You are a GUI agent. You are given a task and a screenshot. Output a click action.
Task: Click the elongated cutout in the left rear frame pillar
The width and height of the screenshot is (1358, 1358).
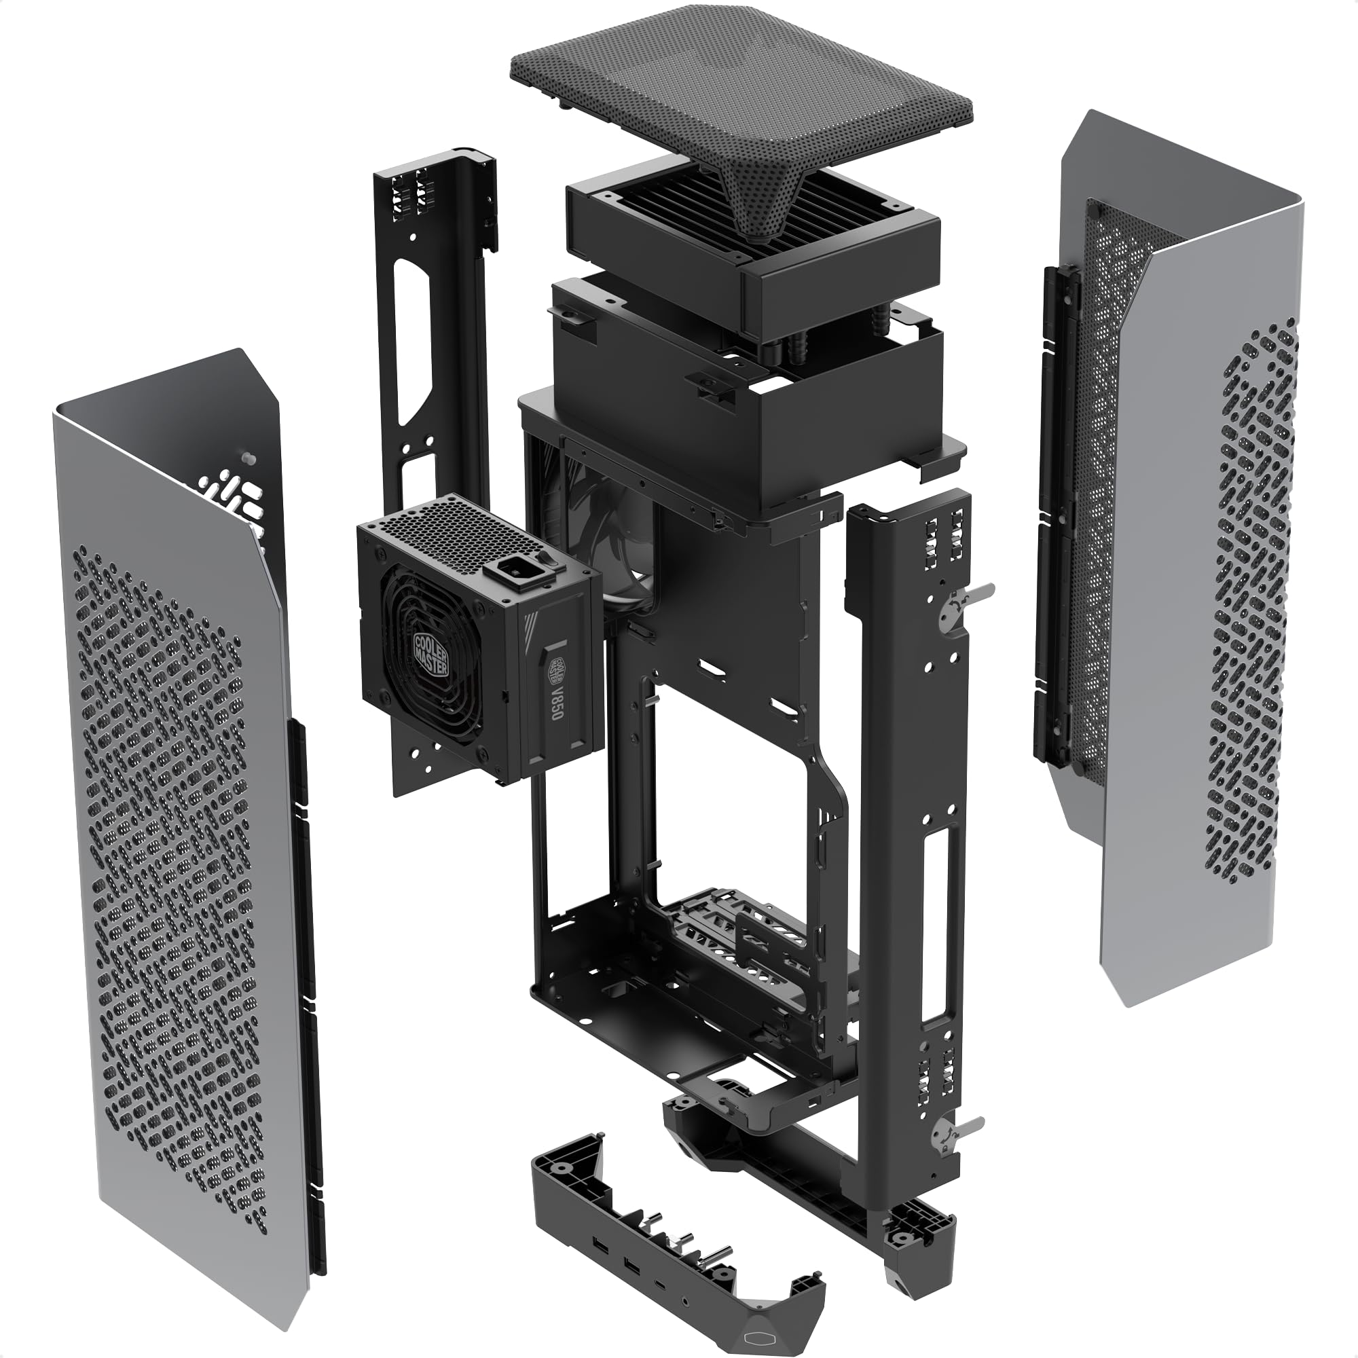point(406,341)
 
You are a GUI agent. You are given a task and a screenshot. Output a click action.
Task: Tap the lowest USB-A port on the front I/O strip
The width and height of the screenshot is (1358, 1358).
point(632,1266)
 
